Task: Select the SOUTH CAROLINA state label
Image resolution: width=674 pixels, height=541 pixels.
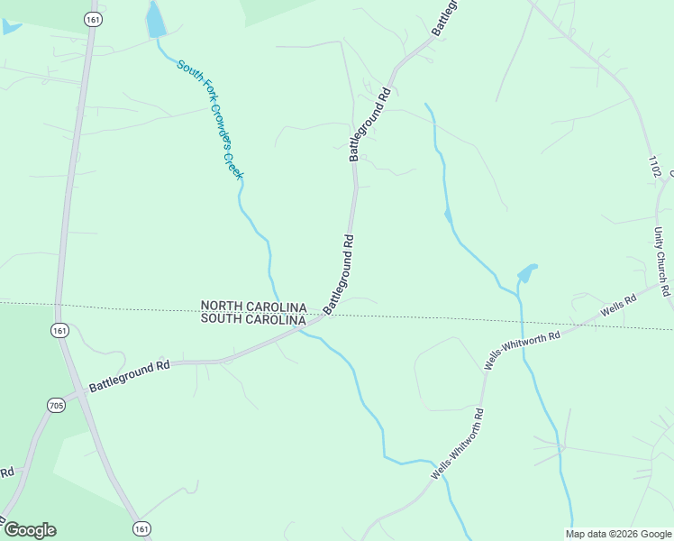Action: (253, 318)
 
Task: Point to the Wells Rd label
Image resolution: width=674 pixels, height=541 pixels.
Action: (613, 306)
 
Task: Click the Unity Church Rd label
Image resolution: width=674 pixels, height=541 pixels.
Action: (661, 261)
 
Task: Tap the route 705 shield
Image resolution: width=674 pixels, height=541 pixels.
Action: (56, 406)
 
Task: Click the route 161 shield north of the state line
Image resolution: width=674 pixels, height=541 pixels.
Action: (92, 19)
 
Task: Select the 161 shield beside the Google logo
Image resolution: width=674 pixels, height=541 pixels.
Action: (141, 528)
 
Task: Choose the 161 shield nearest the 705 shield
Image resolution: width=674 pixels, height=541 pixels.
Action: (59, 331)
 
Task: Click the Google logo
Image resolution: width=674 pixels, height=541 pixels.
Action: (30, 530)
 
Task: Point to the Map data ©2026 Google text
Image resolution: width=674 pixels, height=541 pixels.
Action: (619, 534)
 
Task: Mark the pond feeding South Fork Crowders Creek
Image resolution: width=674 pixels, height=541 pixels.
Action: (156, 20)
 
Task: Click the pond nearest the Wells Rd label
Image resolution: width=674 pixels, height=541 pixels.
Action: (526, 272)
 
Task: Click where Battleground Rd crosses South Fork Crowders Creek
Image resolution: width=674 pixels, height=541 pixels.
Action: (304, 329)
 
